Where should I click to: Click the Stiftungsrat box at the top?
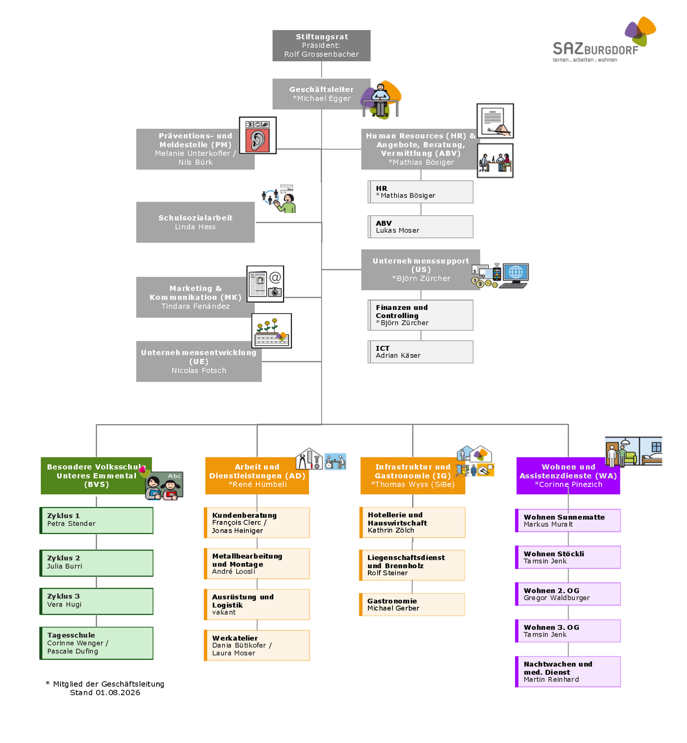tap(322, 45)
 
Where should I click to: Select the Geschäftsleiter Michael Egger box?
tap(322, 94)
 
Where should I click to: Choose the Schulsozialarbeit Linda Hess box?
tap(195, 222)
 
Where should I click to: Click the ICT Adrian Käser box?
tap(420, 352)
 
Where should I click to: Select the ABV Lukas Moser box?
tap(420, 227)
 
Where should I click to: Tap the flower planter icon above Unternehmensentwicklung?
tap(272, 331)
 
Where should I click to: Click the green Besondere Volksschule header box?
tap(96, 476)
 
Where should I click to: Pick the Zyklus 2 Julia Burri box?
tap(96, 563)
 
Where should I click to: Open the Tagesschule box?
tap(96, 643)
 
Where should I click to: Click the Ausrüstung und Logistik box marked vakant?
tap(257, 604)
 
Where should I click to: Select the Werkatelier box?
tap(257, 645)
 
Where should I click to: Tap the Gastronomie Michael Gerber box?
tap(412, 604)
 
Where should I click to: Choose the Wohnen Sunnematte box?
tap(568, 521)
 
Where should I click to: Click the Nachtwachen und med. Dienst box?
tap(568, 672)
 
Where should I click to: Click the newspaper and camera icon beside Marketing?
tap(265, 284)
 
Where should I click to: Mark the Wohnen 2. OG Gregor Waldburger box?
tap(568, 594)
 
